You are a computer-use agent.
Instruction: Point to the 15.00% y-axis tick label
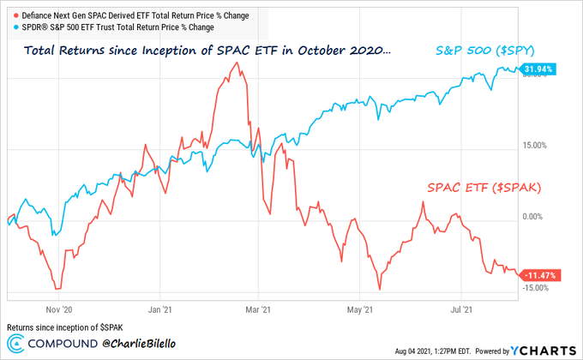tap(533, 145)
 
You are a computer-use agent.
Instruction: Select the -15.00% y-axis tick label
tap(533, 288)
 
